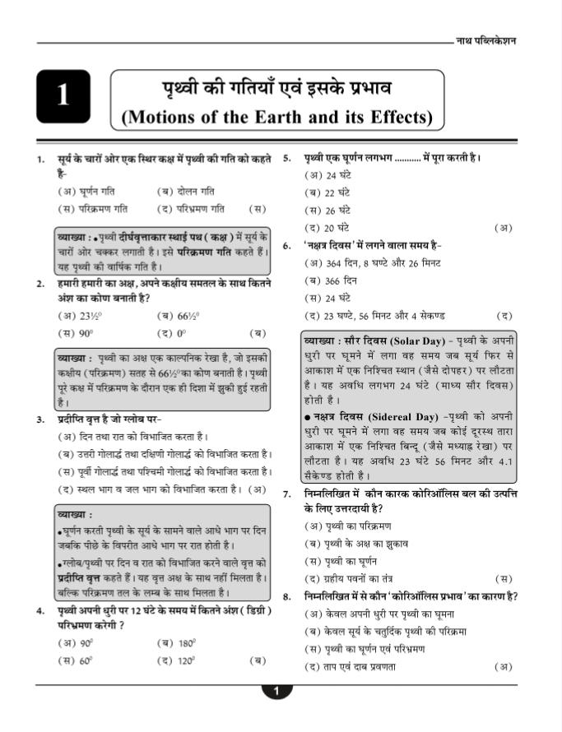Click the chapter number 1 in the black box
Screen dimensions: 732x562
(63, 96)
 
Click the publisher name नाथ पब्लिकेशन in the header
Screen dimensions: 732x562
(485, 41)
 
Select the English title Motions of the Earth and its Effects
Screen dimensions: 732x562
(276, 117)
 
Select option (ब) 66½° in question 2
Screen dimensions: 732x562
(179, 315)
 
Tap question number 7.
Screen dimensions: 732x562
(287, 494)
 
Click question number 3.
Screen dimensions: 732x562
(40, 419)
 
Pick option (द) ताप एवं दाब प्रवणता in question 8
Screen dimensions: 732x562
(350, 666)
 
